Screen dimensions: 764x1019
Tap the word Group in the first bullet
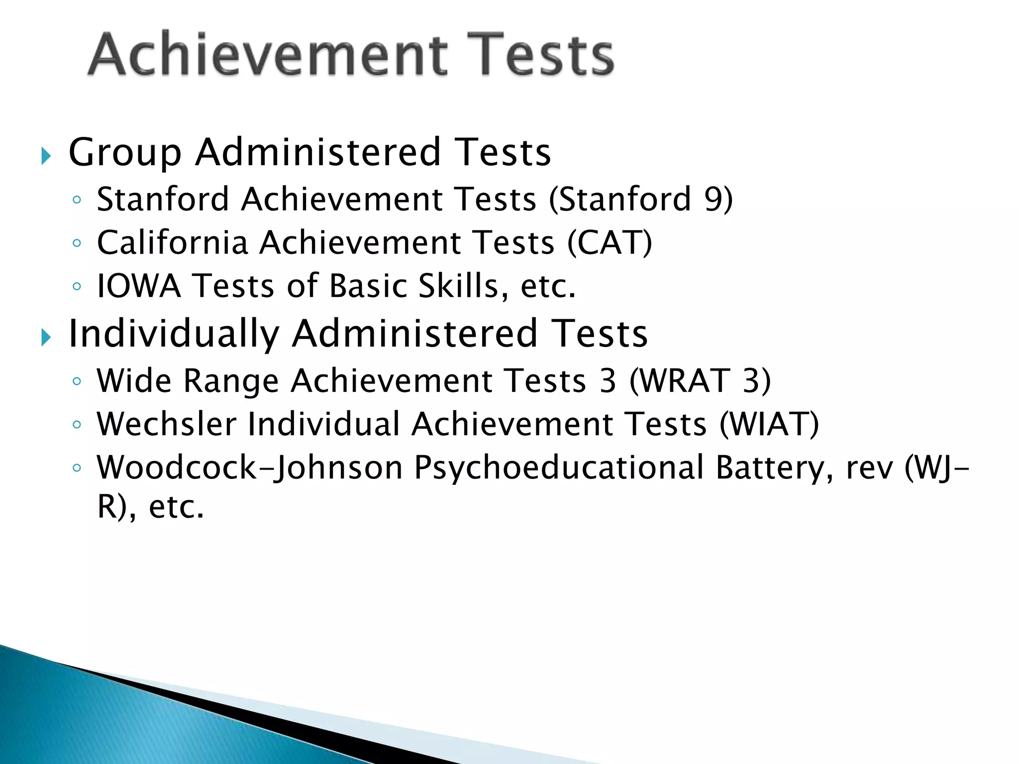[125, 152]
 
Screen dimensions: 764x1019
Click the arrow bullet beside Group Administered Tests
[46, 156]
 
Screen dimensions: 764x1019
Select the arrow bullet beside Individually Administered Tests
[46, 338]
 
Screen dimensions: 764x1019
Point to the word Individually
[174, 334]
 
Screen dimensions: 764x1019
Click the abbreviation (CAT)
[610, 243]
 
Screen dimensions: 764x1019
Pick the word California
[172, 243]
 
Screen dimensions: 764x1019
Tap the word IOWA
[139, 286]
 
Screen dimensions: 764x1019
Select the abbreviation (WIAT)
[769, 424]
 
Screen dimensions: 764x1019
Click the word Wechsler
[167, 424]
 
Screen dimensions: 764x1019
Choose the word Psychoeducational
[559, 468]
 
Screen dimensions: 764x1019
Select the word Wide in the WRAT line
[134, 381]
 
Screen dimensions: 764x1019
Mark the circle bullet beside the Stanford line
[76, 200]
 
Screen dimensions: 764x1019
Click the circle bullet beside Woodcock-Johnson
[76, 468]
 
